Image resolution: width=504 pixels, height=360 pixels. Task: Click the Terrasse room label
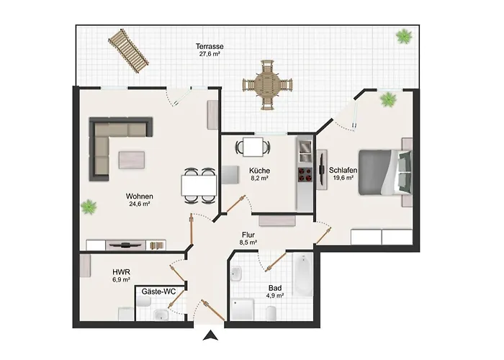point(210,47)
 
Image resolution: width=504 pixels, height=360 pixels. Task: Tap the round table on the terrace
point(267,85)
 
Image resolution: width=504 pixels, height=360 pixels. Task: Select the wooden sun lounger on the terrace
point(128,51)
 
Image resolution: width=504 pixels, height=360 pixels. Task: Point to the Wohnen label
point(140,196)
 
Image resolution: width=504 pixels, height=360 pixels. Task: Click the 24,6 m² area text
point(140,204)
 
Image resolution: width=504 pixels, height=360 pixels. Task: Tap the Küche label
point(259,171)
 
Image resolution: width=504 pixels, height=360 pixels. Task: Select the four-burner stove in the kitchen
point(305,175)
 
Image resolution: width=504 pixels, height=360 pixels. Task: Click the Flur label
point(248,235)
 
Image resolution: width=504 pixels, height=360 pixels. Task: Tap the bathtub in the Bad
point(303,274)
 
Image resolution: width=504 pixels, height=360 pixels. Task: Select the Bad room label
point(275,288)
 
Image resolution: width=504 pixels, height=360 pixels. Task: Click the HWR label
point(121,272)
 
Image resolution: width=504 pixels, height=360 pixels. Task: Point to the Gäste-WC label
point(159,292)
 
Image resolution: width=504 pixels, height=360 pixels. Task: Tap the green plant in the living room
point(89,207)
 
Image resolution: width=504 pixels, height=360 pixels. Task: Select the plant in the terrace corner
point(404,36)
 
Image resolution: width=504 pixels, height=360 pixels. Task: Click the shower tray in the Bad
point(243,309)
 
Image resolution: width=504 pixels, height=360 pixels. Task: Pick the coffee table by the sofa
point(132,160)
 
